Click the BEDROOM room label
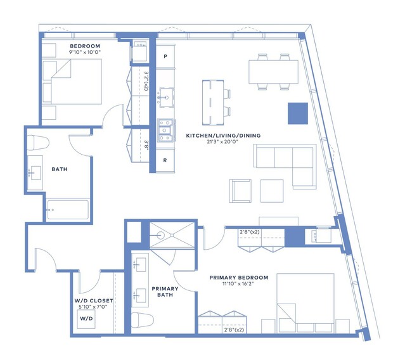[85, 46]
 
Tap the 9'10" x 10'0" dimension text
[85, 52]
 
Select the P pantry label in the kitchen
[165, 56]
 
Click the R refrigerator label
[165, 160]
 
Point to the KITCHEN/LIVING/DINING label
[223, 136]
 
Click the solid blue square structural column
[298, 113]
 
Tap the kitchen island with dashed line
[213, 103]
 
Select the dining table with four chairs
[274, 72]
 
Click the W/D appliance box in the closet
[86, 319]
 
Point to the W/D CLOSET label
[94, 301]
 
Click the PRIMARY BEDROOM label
[239, 278]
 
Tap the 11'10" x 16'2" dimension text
[239, 284]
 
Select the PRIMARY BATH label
[165, 292]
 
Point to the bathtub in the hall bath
[68, 210]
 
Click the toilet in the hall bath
[38, 143]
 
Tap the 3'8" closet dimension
[146, 145]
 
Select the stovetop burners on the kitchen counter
[165, 130]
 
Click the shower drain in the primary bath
[171, 235]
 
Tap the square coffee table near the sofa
[272, 191]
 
